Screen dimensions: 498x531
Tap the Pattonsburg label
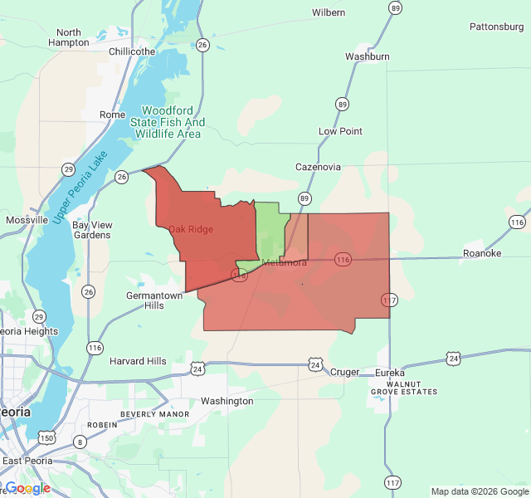click(497, 27)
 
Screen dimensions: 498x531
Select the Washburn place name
click(368, 56)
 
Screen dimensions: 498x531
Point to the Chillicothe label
click(132, 51)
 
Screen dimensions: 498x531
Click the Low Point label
click(340, 131)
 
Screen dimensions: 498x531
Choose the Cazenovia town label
click(318, 167)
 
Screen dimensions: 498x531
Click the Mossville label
click(27, 220)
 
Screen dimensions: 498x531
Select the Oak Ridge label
click(191, 229)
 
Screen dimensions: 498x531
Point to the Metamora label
click(285, 263)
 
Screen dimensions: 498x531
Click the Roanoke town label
click(482, 253)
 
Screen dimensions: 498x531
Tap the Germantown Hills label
click(154, 300)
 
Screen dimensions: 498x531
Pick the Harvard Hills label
click(138, 361)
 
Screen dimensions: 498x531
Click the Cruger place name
click(345, 372)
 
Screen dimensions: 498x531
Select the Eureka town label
click(390, 373)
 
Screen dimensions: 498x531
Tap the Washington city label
click(227, 401)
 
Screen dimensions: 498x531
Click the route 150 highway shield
click(48, 437)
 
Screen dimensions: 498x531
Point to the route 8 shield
click(79, 441)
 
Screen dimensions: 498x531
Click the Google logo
click(27, 488)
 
